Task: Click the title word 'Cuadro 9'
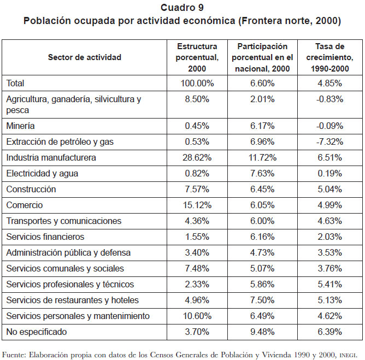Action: click(x=182, y=8)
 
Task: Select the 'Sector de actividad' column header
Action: click(x=85, y=57)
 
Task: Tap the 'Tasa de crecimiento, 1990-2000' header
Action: click(x=329, y=57)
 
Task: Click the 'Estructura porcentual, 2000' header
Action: click(x=197, y=57)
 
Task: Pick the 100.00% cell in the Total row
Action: click(x=197, y=84)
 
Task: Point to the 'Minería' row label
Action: click(x=20, y=126)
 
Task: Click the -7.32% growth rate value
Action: click(x=329, y=141)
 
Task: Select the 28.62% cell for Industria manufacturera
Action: click(x=197, y=157)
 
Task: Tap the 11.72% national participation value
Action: click(x=262, y=157)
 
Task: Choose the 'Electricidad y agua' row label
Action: click(x=42, y=174)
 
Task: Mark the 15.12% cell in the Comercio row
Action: click(x=197, y=205)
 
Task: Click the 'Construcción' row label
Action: click(x=31, y=189)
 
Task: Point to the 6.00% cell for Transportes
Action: click(x=262, y=221)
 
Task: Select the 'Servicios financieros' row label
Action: click(x=45, y=237)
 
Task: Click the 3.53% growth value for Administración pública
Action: click(x=329, y=252)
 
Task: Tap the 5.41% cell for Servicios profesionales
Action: click(x=329, y=284)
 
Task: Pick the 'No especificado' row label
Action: click(x=36, y=332)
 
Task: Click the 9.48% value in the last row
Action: click(x=262, y=332)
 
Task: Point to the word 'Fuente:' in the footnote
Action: click(x=13, y=355)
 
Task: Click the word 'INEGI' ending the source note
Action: click(x=348, y=356)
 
